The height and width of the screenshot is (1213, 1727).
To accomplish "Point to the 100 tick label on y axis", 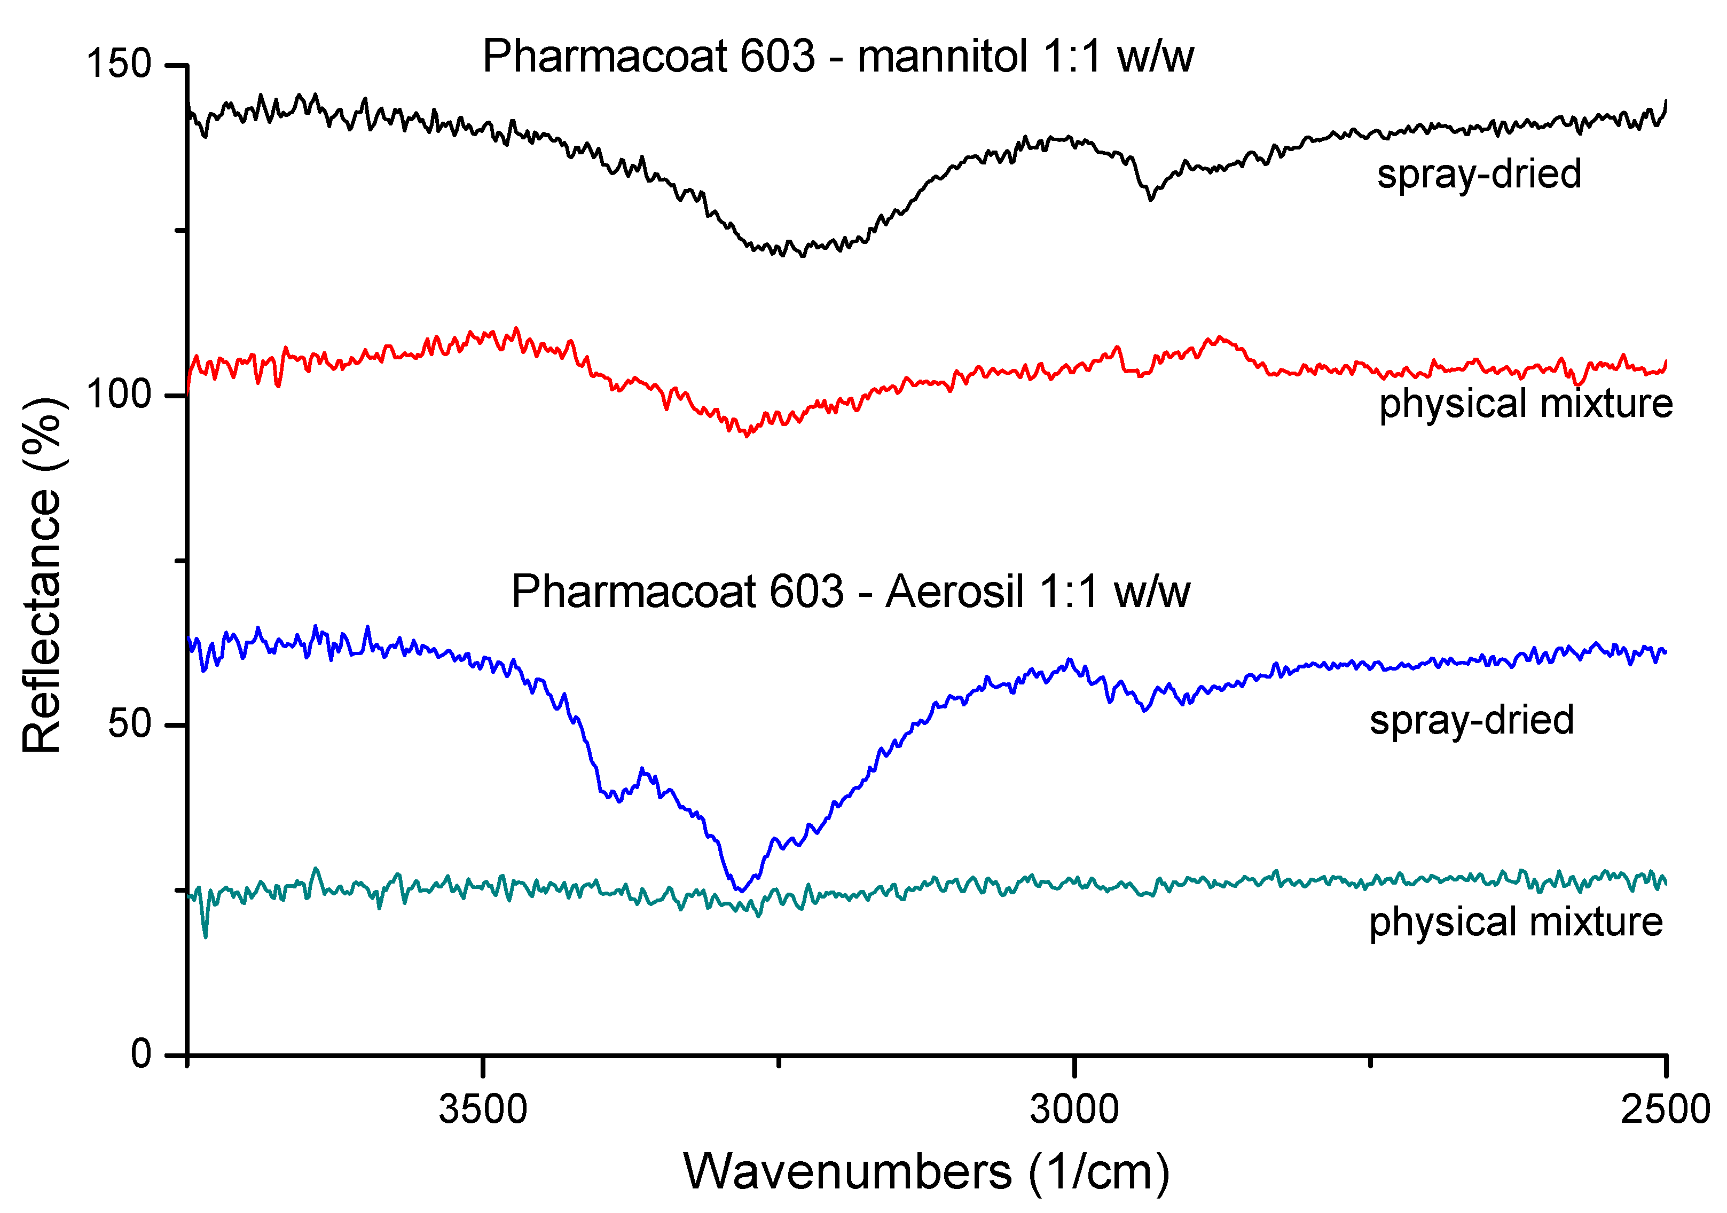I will (119, 393).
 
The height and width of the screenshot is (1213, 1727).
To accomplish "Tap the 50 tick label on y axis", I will (129, 723).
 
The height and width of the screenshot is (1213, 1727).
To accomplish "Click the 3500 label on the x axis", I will (483, 1109).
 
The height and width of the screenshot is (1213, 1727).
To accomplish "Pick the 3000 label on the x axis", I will (1074, 1109).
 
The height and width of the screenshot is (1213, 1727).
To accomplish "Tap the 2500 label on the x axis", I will (1665, 1109).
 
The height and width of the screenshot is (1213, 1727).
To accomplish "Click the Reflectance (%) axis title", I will (42, 576).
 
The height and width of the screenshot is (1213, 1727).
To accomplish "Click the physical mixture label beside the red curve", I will (1526, 403).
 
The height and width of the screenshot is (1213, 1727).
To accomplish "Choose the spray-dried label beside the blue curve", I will (1471, 720).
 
